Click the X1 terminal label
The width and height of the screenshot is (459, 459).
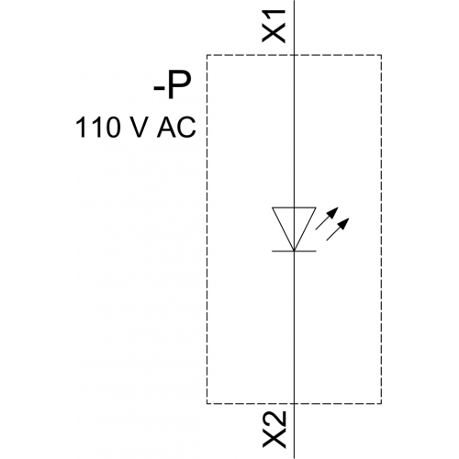[274, 26]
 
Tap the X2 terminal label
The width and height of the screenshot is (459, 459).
[274, 430]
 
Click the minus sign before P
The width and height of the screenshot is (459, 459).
[159, 89]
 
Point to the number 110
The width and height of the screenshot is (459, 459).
[96, 128]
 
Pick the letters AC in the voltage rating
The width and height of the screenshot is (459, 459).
[176, 128]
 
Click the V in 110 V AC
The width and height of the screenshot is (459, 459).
[135, 128]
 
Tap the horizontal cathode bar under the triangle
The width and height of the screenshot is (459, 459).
[294, 252]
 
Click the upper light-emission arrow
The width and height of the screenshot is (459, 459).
[327, 218]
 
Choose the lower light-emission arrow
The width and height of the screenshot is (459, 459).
[338, 229]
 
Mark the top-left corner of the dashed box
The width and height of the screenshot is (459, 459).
[207, 55]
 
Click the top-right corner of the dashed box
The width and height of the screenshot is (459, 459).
[381, 55]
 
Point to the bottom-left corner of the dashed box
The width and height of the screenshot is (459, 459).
[207, 404]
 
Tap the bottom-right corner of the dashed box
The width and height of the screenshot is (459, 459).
[381, 404]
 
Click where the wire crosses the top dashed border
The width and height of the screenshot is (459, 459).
[294, 55]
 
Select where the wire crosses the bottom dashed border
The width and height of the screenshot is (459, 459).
[294, 404]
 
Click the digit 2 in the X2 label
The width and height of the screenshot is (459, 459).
[274, 420]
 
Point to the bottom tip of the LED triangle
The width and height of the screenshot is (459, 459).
[294, 251]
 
